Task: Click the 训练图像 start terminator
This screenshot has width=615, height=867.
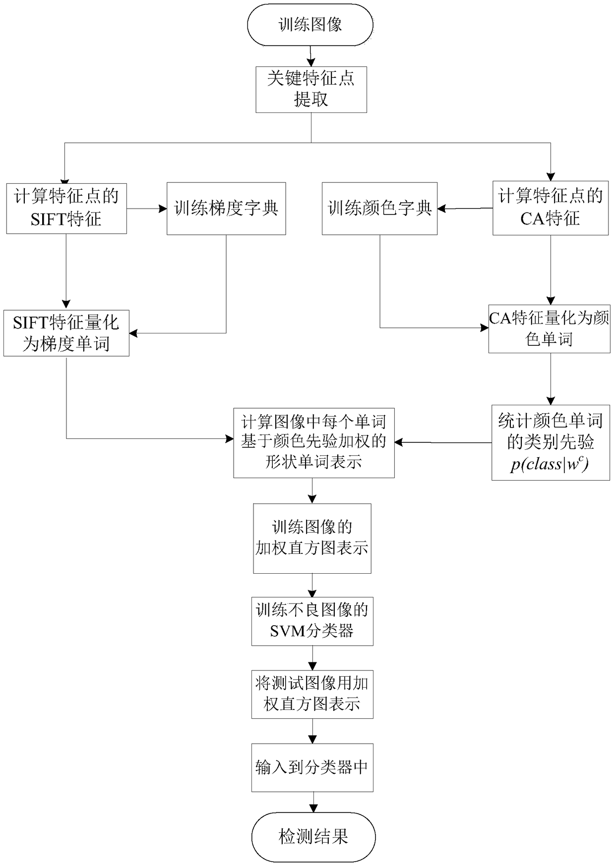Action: (x=310, y=25)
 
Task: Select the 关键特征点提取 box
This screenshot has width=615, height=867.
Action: (x=311, y=89)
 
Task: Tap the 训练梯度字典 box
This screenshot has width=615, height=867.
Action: (x=226, y=209)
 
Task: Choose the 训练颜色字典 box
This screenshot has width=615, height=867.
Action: (x=379, y=209)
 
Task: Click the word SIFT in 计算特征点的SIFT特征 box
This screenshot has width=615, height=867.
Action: (x=48, y=218)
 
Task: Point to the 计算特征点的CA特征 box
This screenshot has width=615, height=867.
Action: (x=550, y=208)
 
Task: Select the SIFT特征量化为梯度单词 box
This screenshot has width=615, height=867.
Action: (x=66, y=333)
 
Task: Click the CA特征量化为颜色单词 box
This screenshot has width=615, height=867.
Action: (x=549, y=328)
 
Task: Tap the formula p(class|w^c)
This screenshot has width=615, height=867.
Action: (x=550, y=465)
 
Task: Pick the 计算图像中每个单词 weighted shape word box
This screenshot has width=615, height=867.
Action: (x=313, y=442)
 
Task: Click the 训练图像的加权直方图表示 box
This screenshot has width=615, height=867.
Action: (x=312, y=538)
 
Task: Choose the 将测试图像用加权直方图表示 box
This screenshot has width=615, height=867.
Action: (x=312, y=694)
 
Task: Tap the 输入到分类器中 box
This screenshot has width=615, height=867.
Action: (x=312, y=767)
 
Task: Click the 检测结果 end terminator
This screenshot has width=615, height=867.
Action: (x=313, y=837)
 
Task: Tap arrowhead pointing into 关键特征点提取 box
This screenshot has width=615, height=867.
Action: (x=311, y=63)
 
